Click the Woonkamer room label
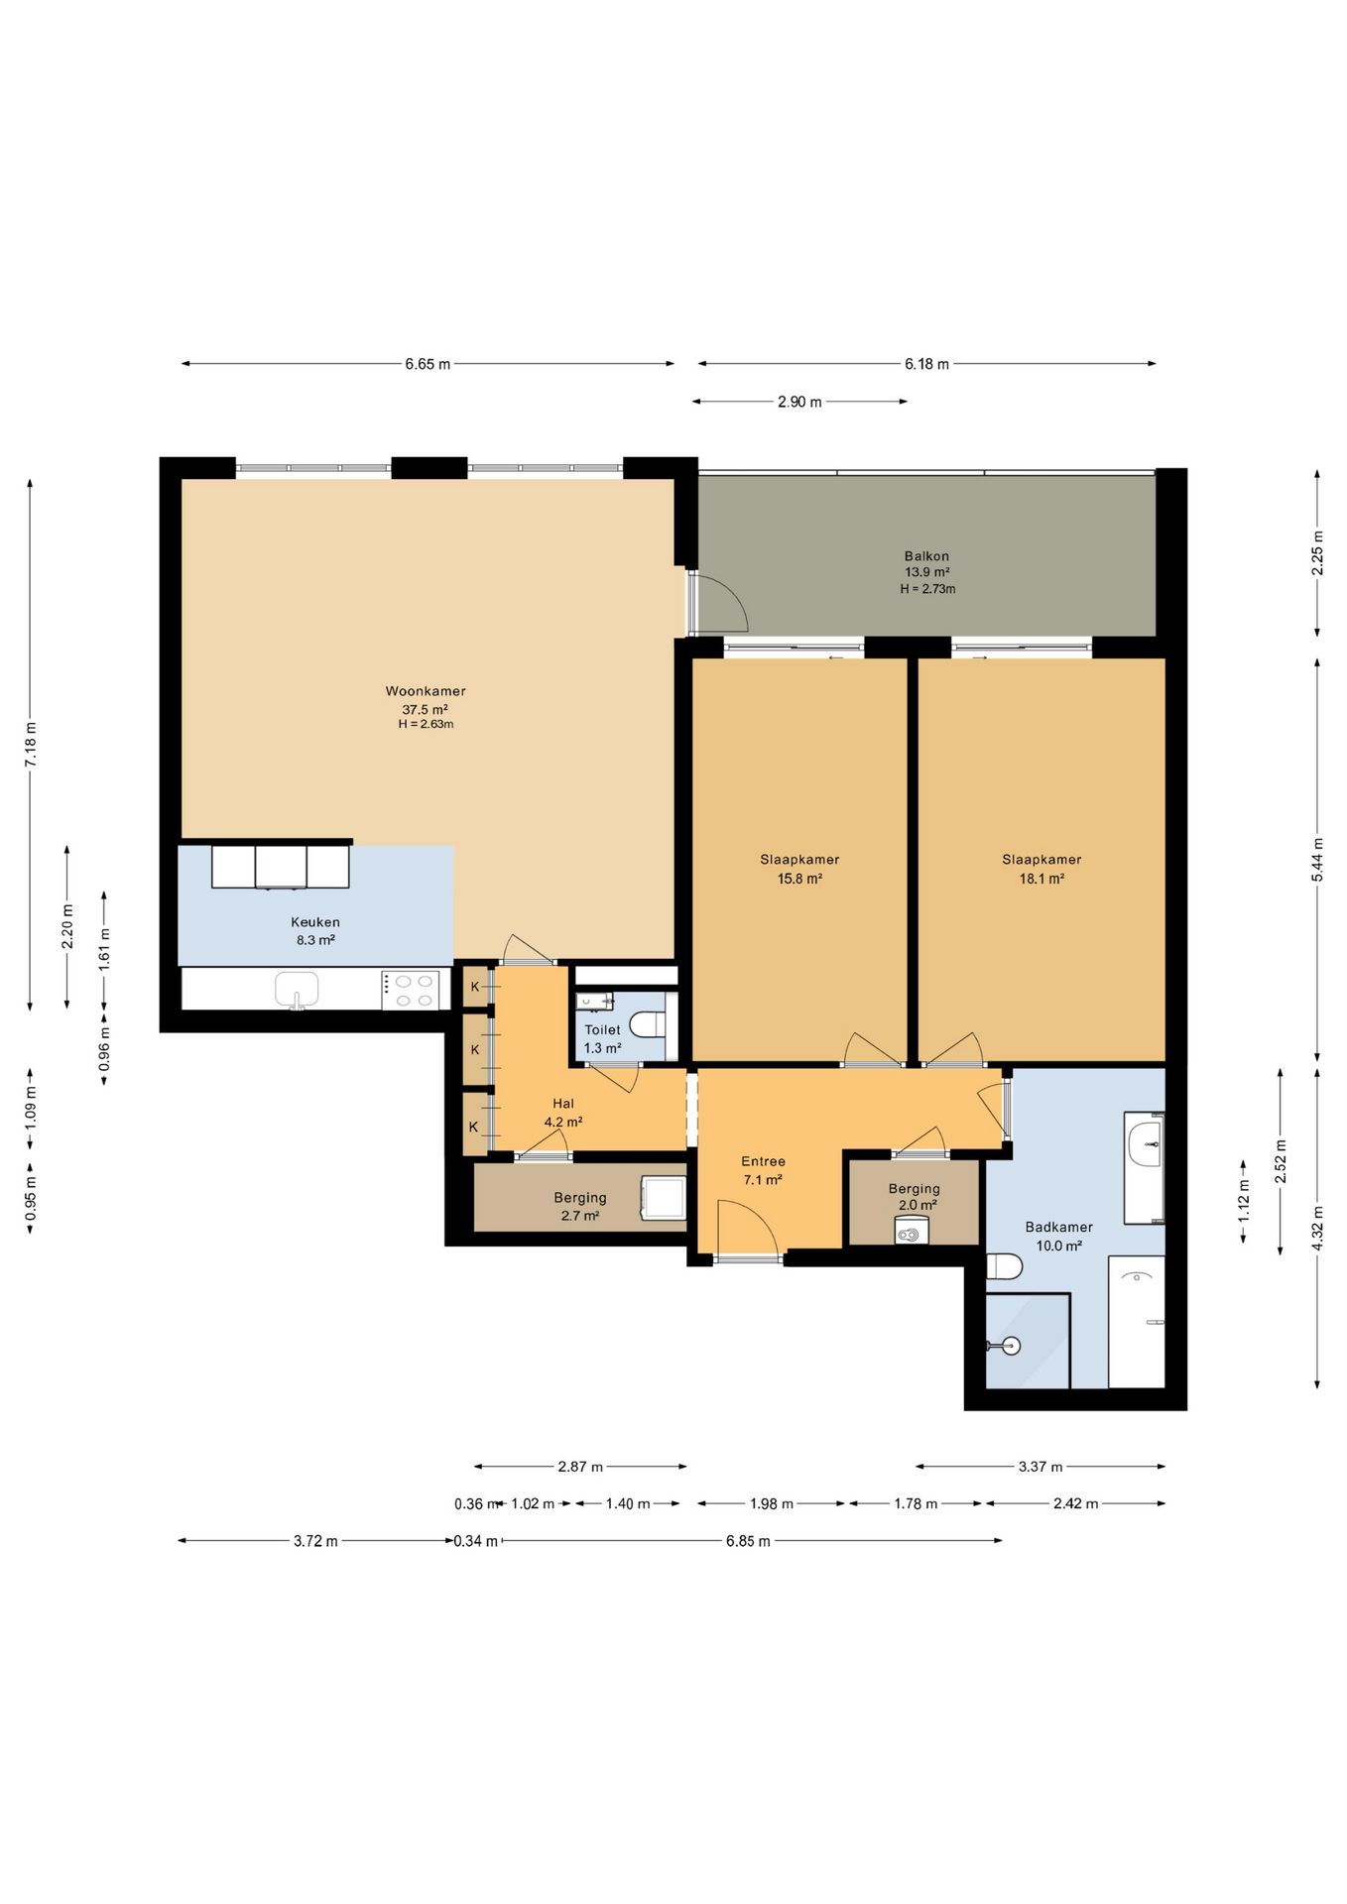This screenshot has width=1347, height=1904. point(426,691)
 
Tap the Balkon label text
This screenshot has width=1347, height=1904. point(926,556)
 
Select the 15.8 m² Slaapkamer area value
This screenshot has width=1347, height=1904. point(799,879)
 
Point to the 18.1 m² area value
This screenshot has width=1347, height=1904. point(1041,879)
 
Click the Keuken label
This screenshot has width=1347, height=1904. point(315,922)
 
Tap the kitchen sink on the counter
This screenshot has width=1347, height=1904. point(297,990)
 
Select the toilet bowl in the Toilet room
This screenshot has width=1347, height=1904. point(647,1023)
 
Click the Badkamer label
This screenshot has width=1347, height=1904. point(1058,1227)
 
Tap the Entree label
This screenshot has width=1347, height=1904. point(763,1161)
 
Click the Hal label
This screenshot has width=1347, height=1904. point(563,1104)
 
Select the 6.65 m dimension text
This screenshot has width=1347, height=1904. point(428,364)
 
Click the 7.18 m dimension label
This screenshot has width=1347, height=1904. point(31,745)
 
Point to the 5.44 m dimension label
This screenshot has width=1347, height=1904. point(1317,860)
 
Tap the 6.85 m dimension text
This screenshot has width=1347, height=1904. point(748,1541)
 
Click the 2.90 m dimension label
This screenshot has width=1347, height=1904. point(799,402)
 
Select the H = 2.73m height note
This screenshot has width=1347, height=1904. point(927,589)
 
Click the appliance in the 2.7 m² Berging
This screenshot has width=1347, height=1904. point(664,1198)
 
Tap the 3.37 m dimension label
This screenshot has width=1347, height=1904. point(1041,1467)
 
